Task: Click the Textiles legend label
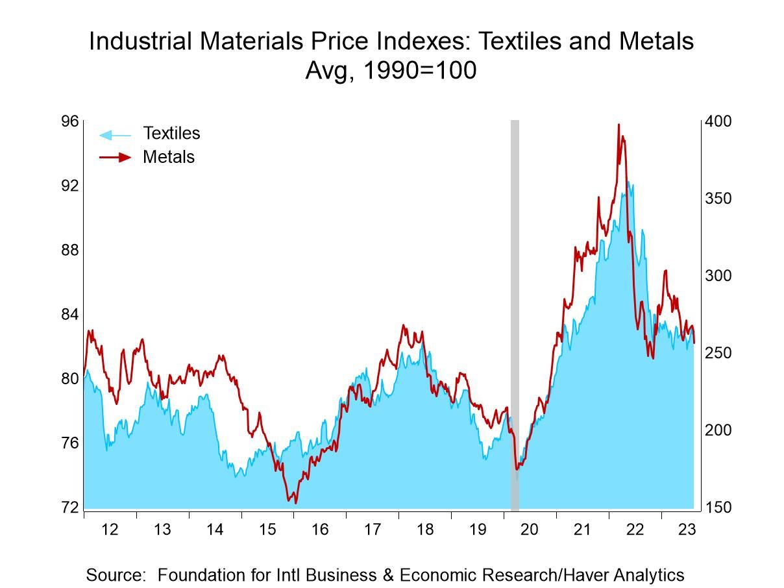click(x=171, y=133)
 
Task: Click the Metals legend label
click(x=168, y=156)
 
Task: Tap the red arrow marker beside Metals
click(x=115, y=157)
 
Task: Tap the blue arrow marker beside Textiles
click(x=114, y=134)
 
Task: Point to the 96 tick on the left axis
click(x=70, y=121)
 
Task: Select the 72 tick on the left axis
click(x=70, y=508)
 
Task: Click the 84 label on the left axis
click(x=70, y=314)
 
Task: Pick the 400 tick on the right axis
click(x=718, y=121)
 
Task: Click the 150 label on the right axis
click(x=718, y=508)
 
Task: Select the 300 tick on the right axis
click(x=718, y=276)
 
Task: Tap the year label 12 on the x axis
click(x=110, y=530)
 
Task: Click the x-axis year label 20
click(x=530, y=530)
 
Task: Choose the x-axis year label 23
click(x=687, y=530)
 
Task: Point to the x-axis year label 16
click(x=319, y=530)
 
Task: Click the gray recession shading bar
click(x=515, y=312)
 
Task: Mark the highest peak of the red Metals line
click(x=619, y=125)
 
